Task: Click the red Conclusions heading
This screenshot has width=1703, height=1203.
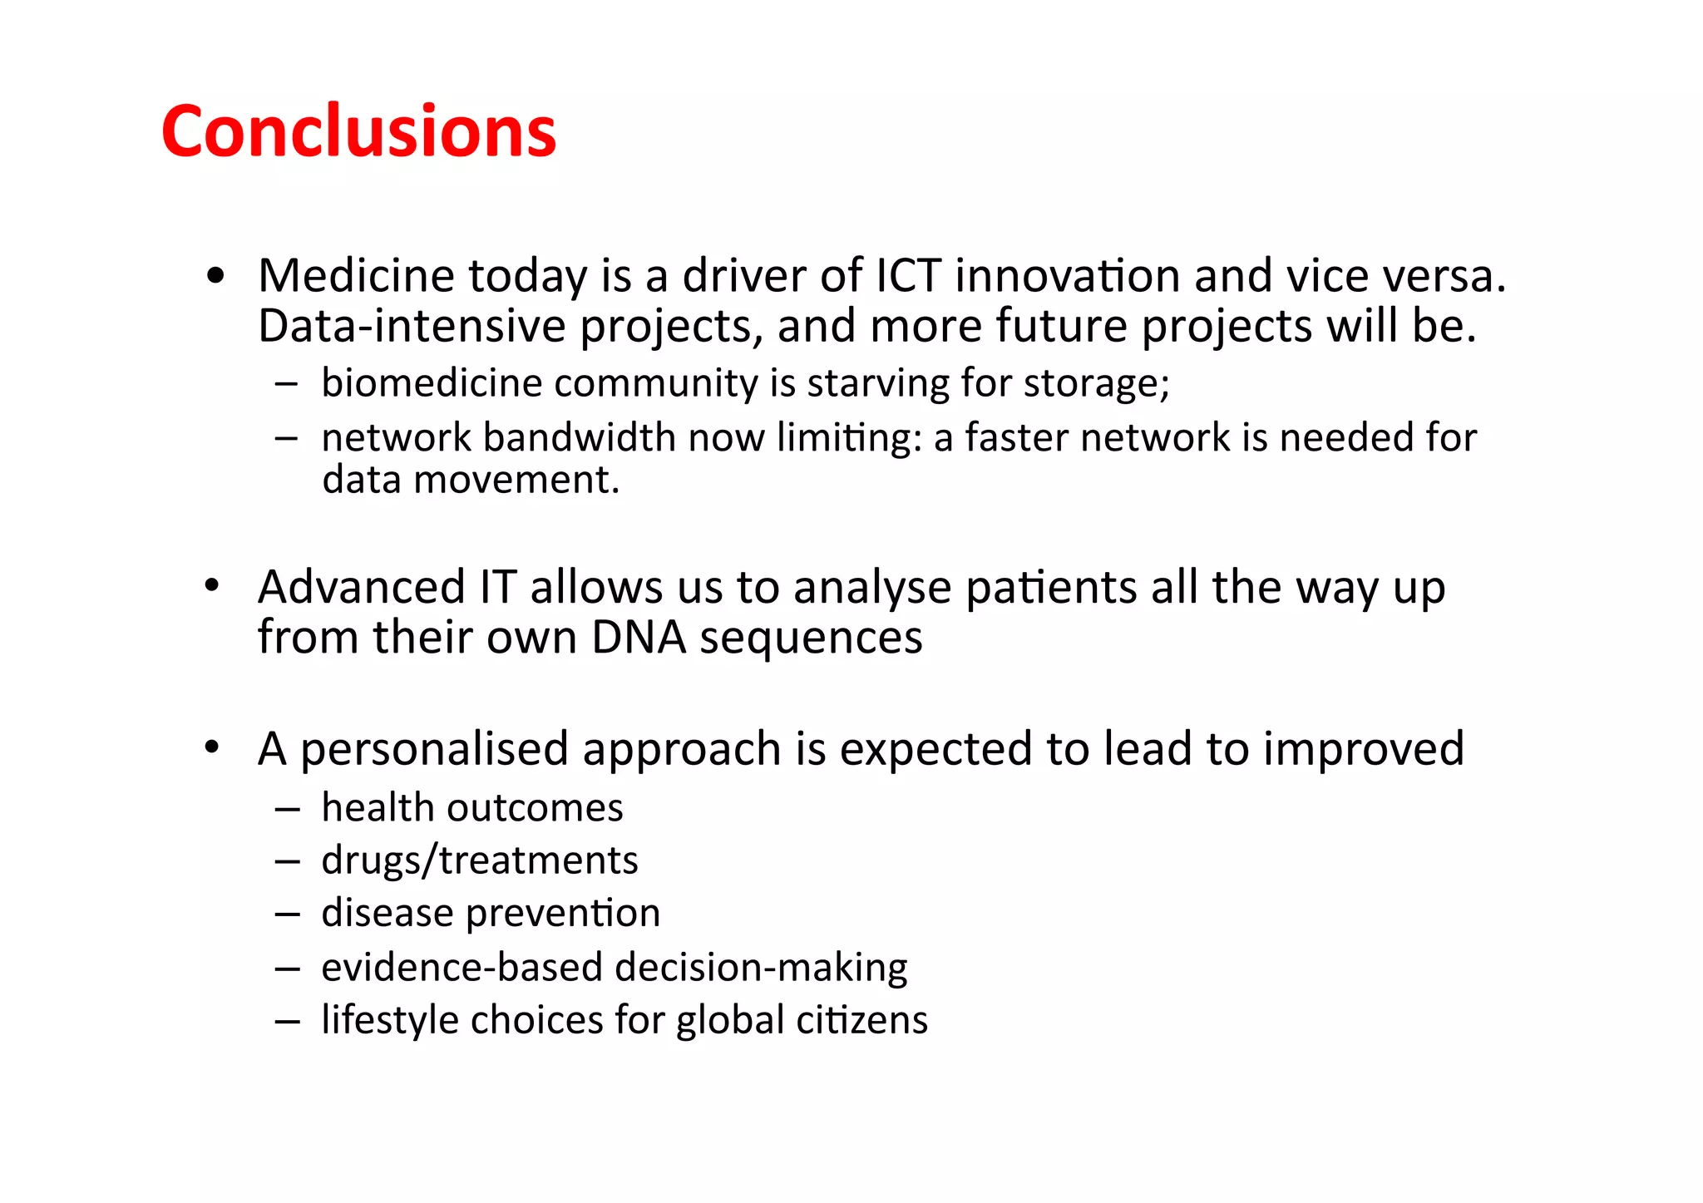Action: tap(358, 131)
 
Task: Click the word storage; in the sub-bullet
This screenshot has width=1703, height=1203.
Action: tap(1096, 383)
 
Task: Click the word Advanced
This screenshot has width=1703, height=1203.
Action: tap(361, 587)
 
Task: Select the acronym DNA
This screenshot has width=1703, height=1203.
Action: tap(639, 637)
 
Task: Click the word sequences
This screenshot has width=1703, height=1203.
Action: tap(811, 637)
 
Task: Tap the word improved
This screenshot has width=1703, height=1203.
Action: tap(1363, 748)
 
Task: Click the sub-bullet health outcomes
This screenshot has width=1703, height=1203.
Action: tap(471, 808)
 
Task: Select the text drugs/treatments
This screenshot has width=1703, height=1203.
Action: tap(480, 860)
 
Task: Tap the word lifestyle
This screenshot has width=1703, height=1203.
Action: tap(388, 1019)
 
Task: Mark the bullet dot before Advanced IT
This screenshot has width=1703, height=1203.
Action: tap(213, 586)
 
